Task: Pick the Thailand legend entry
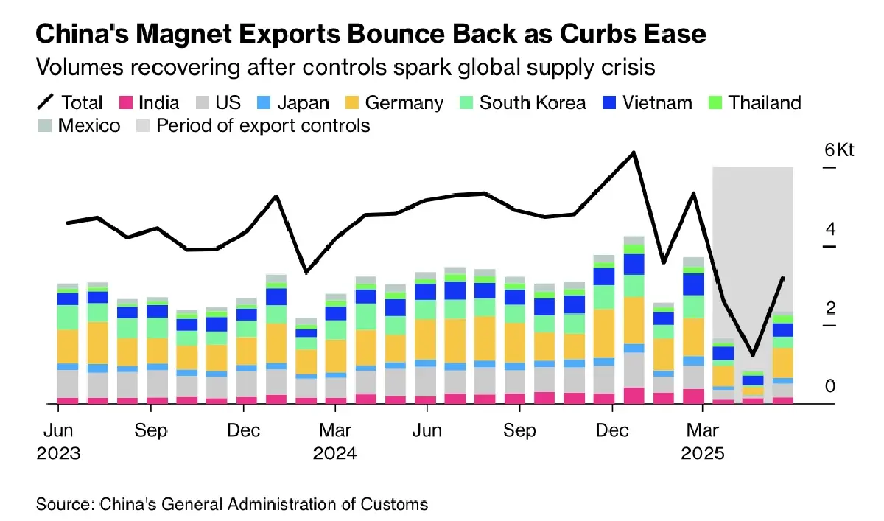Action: (752, 102)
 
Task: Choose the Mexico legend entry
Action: (79, 125)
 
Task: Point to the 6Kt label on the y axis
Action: (839, 150)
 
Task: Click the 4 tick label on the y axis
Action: (831, 229)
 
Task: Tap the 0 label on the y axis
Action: (831, 386)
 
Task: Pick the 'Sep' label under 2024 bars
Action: (519, 430)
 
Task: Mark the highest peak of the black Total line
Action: (634, 153)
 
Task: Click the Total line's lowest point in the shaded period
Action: (752, 354)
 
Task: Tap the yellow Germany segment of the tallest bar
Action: (634, 320)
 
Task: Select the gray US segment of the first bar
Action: (68, 383)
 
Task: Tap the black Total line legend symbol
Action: (46, 102)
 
